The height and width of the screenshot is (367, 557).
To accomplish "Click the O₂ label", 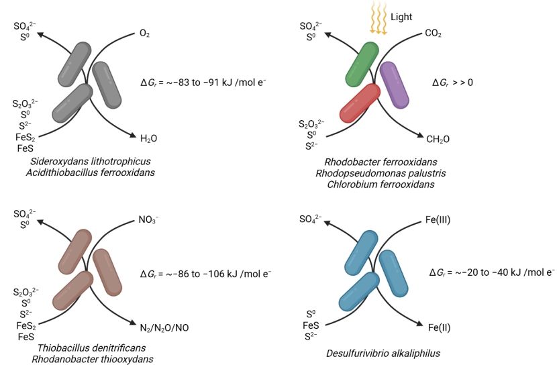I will (x=144, y=32).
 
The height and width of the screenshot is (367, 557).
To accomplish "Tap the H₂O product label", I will (x=149, y=138).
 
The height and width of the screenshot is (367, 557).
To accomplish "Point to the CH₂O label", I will (x=438, y=138).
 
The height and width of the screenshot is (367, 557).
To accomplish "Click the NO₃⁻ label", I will (x=149, y=219).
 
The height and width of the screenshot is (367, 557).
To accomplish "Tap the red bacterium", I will (x=360, y=103).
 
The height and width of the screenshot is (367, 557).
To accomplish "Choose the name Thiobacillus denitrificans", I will (x=83, y=348).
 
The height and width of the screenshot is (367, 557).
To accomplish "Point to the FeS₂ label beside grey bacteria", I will (x=25, y=138).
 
